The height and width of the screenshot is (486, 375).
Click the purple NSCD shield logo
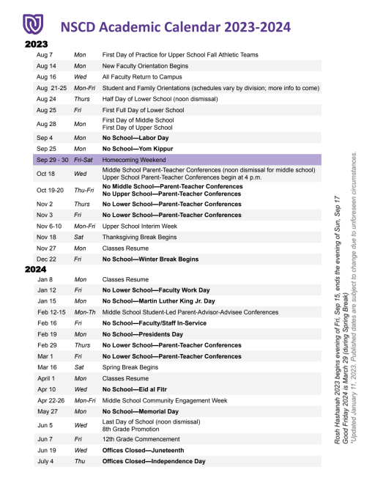pos(30,25)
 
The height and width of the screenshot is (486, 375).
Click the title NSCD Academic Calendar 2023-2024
pos(175,26)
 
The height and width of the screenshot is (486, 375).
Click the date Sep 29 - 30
pos(52,159)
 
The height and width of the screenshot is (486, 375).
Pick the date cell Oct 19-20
pos(51,190)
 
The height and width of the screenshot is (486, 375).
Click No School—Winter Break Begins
pos(150,259)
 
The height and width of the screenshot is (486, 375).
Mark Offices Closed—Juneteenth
pos(144,450)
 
